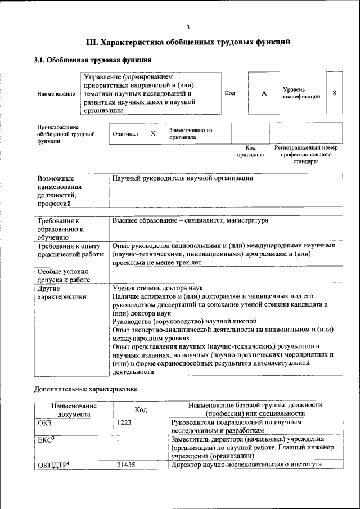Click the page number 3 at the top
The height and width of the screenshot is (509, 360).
point(188,26)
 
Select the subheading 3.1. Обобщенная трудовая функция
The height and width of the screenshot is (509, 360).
point(92,60)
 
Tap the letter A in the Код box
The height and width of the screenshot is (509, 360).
point(263,93)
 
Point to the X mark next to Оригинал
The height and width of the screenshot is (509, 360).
point(152,134)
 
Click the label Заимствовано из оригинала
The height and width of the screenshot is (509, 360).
point(190,133)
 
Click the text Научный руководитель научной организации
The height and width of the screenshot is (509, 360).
point(182,178)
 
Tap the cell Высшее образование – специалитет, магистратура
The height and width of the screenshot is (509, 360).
point(190,220)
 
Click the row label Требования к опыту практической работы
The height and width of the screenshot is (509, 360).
point(69,250)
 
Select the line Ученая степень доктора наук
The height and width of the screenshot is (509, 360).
point(154,287)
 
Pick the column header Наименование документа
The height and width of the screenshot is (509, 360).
point(74,409)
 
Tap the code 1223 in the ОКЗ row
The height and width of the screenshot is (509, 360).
point(124,422)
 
